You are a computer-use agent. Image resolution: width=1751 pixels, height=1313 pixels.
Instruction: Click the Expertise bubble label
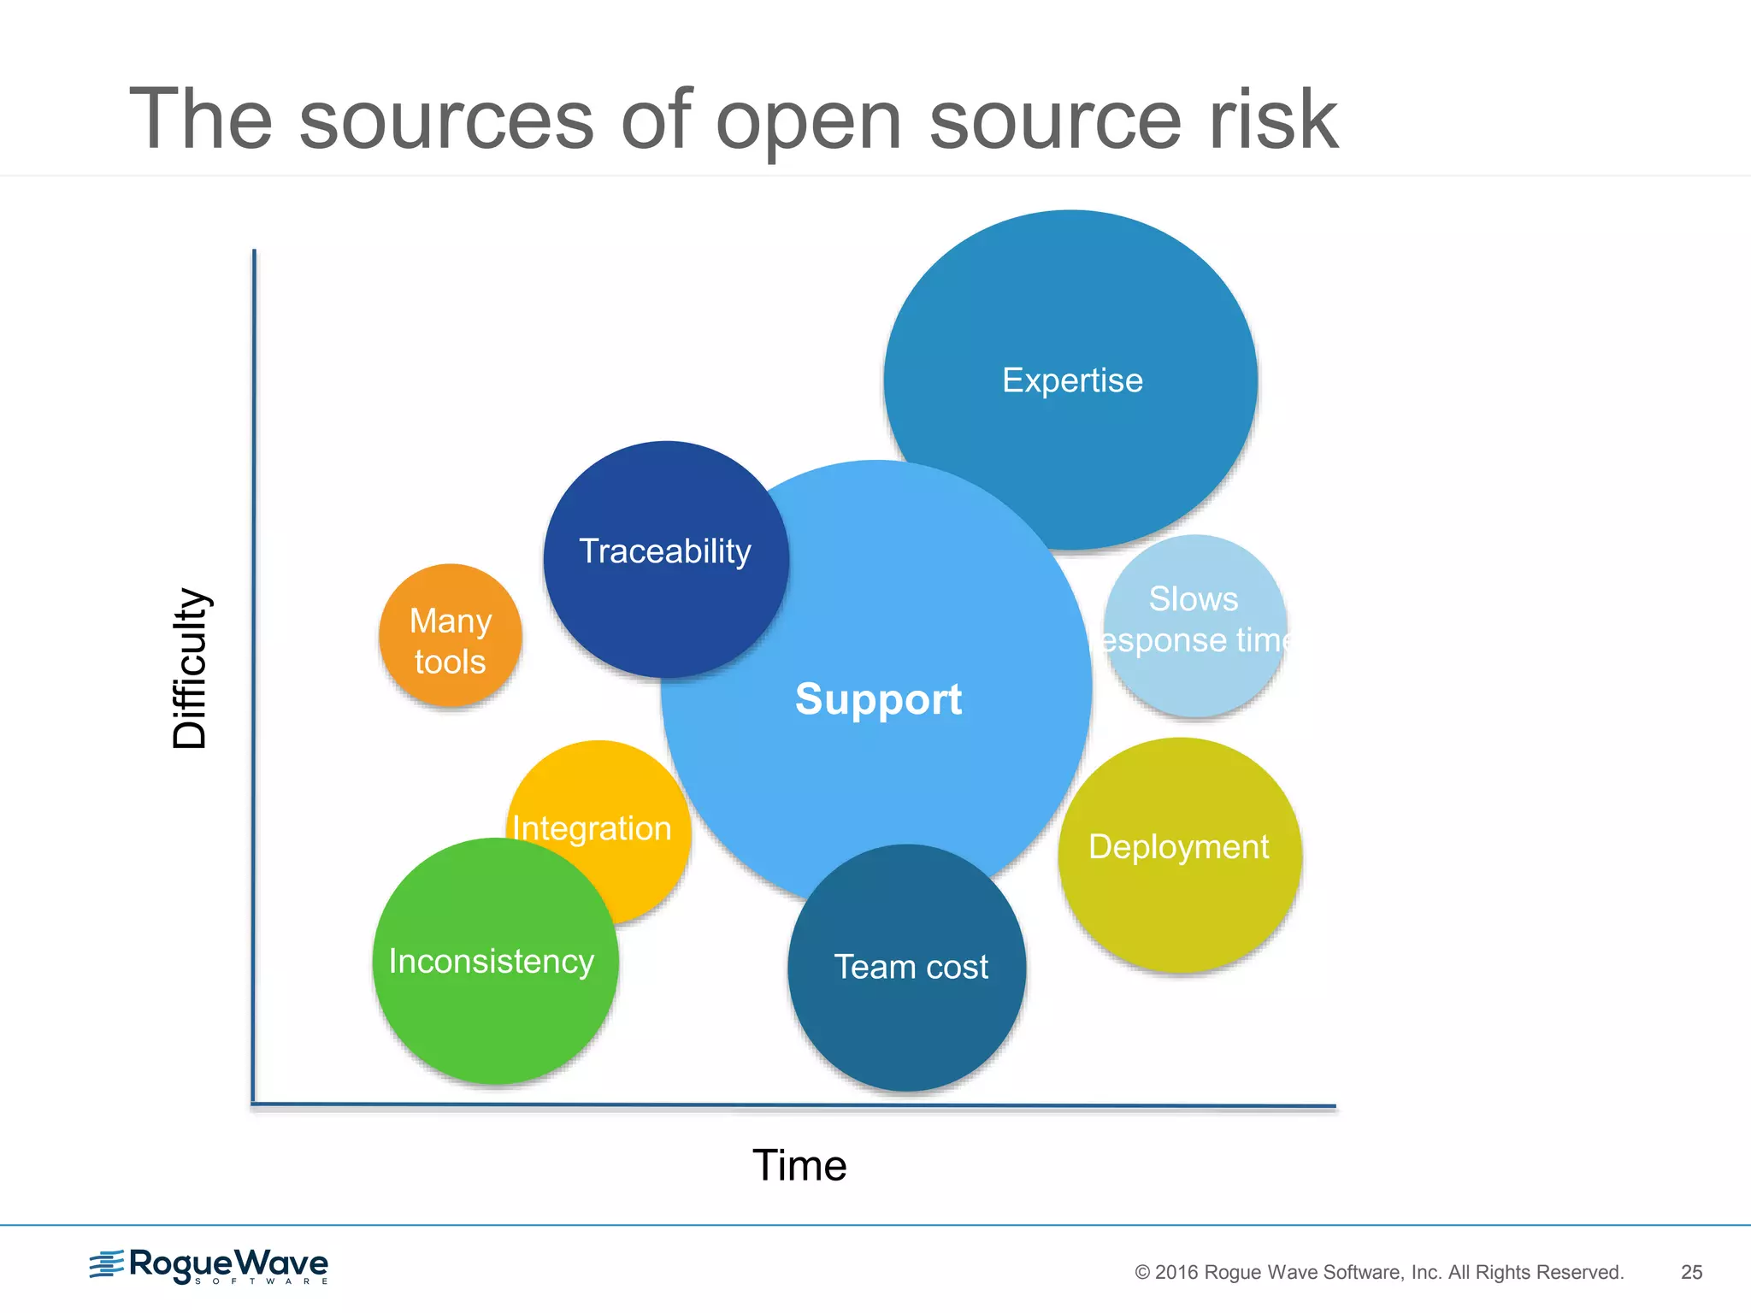point(1072,380)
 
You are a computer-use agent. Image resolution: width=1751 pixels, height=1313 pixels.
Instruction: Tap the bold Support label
point(878,699)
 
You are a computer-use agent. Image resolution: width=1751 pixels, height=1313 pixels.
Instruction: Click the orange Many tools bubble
point(450,636)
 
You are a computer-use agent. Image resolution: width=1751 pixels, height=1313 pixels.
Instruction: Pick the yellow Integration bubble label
point(592,828)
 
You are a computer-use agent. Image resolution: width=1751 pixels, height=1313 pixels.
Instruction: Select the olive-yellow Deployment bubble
point(1180,855)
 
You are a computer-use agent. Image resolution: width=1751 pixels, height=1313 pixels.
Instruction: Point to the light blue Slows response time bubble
point(1194,624)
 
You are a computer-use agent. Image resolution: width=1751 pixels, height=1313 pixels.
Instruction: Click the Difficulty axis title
point(190,668)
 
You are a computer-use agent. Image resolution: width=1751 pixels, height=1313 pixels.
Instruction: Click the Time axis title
point(799,1165)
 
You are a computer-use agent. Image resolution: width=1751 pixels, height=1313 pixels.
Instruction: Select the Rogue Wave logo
point(209,1266)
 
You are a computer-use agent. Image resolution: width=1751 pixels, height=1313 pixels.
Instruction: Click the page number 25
point(1691,1272)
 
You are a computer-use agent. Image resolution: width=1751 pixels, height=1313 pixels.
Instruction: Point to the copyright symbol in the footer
point(1142,1273)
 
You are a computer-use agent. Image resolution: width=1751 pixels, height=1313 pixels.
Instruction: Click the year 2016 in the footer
point(1177,1273)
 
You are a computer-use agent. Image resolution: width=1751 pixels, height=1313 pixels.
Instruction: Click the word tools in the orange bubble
point(450,662)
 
